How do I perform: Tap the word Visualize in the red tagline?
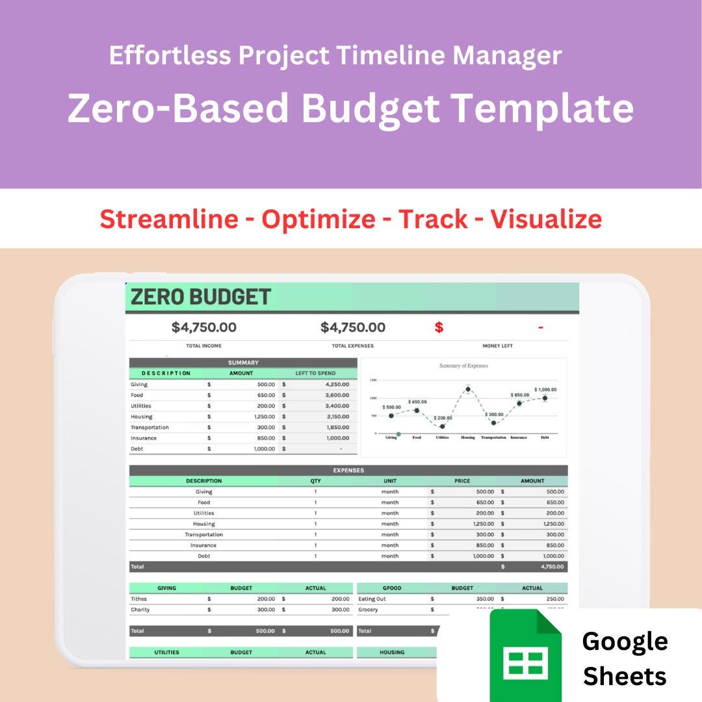click(545, 219)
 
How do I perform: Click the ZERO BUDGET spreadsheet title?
click(200, 297)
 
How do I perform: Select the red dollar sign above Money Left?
click(439, 328)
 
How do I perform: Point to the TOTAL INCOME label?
click(203, 346)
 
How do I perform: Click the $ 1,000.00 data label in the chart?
click(545, 389)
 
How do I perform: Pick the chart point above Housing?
click(468, 389)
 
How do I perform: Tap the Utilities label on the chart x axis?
click(442, 437)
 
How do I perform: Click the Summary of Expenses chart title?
click(463, 366)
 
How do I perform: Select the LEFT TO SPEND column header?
click(315, 374)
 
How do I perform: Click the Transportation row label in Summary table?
click(149, 428)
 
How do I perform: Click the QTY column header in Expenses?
click(315, 481)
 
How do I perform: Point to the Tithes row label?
click(138, 599)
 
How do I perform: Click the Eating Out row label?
click(372, 599)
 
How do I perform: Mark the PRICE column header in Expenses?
click(462, 481)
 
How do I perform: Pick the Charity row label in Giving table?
click(140, 610)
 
